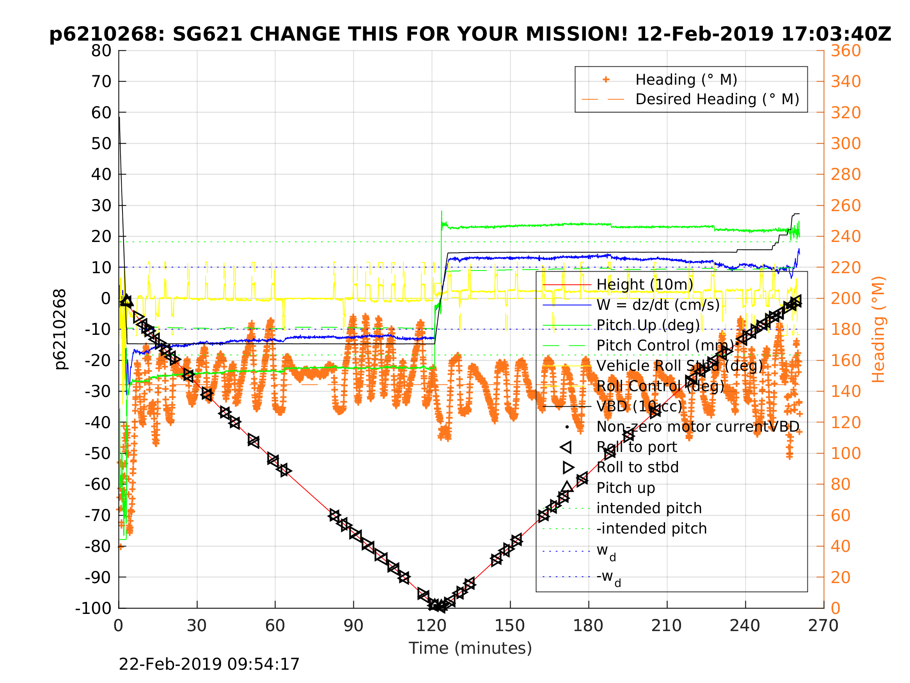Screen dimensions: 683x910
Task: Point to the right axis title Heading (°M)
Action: (878, 329)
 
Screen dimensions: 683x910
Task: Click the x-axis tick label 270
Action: (823, 626)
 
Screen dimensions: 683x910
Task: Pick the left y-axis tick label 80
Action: (101, 51)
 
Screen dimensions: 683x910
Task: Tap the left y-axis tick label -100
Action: (93, 608)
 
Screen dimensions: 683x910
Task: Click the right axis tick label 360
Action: (846, 51)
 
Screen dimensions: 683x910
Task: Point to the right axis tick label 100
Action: (846, 453)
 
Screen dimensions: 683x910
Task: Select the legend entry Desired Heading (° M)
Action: (717, 99)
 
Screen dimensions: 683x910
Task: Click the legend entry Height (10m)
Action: (645, 285)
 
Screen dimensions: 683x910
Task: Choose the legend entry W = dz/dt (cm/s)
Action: (658, 305)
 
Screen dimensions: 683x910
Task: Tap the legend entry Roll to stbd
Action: (637, 467)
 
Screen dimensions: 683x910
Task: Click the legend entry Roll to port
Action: (637, 447)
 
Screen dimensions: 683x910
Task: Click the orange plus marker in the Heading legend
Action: (606, 80)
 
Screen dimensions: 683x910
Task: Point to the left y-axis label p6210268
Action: (60, 329)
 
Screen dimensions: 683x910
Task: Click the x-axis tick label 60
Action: (275, 626)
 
